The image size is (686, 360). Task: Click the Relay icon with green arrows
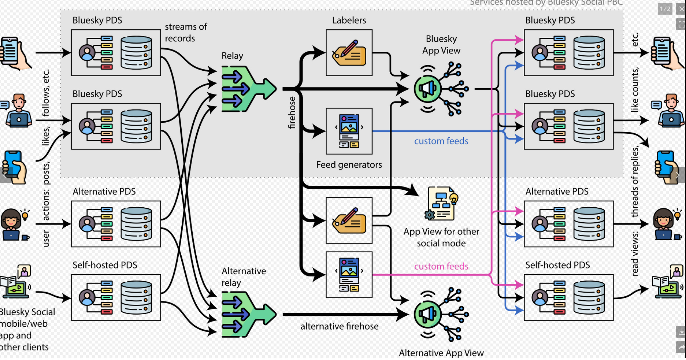tap(248, 89)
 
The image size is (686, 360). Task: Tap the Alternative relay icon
tap(248, 314)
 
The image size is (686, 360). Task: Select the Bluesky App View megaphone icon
tap(427, 89)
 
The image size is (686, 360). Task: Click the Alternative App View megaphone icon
tap(427, 314)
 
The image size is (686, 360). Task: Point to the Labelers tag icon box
tap(349, 53)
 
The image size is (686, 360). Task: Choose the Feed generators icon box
tap(349, 131)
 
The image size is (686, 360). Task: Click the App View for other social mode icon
tap(441, 204)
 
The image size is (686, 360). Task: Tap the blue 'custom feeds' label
tap(441, 141)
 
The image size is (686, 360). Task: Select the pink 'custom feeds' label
tap(441, 266)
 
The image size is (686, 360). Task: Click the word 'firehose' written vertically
tap(292, 113)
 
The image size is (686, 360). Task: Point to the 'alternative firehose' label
tap(339, 326)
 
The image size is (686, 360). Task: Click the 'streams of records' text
tap(185, 33)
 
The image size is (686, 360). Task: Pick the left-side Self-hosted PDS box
tap(116, 297)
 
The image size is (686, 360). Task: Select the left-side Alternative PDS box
tap(116, 224)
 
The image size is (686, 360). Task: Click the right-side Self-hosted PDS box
tap(568, 297)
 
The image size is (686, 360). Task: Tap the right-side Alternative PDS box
tap(568, 224)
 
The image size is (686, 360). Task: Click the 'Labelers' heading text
tap(349, 20)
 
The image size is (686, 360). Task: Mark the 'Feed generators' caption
tap(349, 165)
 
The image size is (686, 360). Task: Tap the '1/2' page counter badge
tap(665, 9)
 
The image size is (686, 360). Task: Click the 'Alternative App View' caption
tap(441, 353)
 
